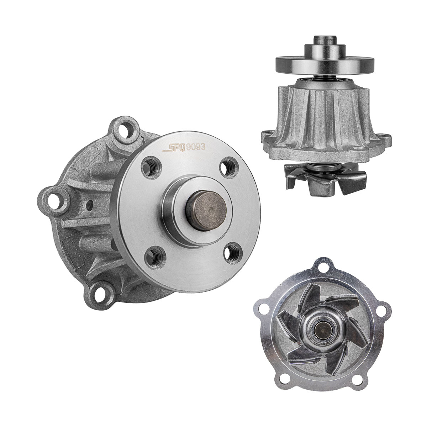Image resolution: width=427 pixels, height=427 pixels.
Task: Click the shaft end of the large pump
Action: [x=206, y=211]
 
